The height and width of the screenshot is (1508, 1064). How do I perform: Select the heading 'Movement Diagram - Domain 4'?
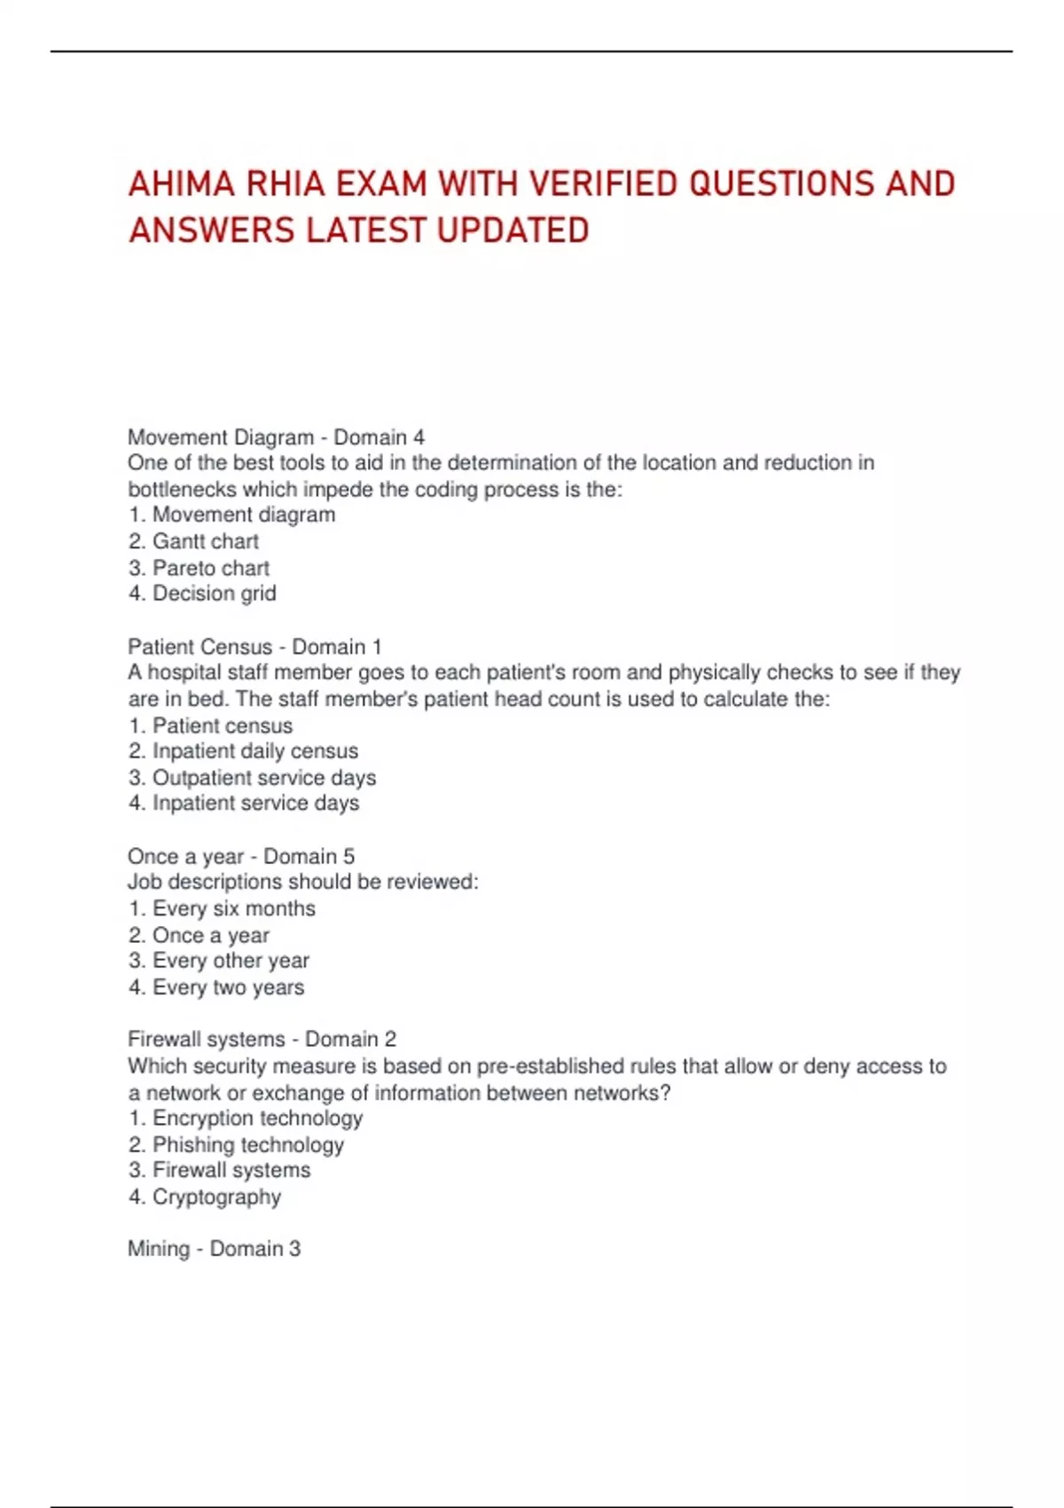(x=276, y=437)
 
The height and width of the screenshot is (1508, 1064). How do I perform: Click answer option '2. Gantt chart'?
(x=193, y=541)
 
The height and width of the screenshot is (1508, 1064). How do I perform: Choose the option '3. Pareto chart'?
(x=199, y=568)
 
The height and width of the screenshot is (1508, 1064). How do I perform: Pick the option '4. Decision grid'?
(x=202, y=593)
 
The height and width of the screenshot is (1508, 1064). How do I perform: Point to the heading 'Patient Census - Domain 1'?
(x=254, y=647)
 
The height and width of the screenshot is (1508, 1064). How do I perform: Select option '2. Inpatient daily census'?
(x=243, y=751)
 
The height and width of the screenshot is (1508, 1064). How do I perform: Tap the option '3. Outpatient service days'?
(x=252, y=778)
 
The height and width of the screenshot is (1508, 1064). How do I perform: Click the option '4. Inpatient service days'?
(x=244, y=804)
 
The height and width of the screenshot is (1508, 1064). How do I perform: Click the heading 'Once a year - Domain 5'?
(x=241, y=856)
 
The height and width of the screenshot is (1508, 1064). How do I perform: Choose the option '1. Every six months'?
(x=222, y=908)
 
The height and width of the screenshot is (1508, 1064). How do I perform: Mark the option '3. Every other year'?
(x=219, y=961)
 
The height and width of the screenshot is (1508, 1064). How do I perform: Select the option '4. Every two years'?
(x=216, y=987)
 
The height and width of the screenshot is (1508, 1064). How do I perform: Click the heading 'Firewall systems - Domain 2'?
(x=262, y=1039)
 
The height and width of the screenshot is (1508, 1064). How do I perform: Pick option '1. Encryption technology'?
(x=246, y=1119)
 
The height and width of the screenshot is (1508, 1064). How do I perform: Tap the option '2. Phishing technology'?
(x=236, y=1145)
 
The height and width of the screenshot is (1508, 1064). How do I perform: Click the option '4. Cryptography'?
(x=205, y=1197)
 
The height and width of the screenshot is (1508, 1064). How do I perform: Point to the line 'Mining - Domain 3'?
(x=214, y=1249)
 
